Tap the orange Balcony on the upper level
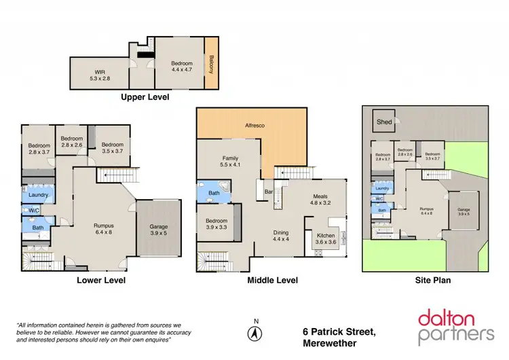(211, 63)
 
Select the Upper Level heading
(145, 98)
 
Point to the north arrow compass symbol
(255, 332)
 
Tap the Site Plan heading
(434, 279)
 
